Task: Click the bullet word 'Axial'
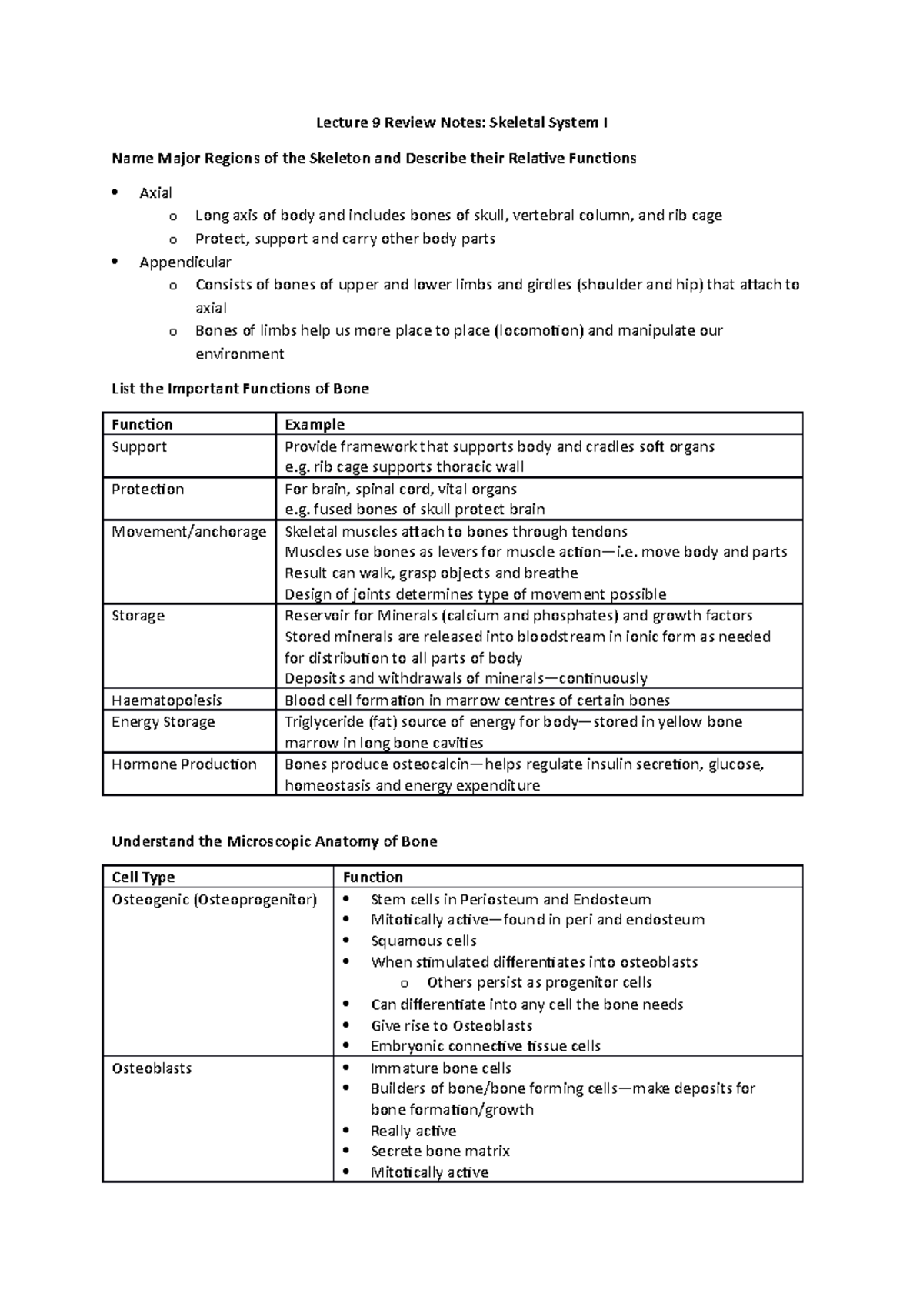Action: coord(155,193)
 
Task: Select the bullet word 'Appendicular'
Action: coord(185,262)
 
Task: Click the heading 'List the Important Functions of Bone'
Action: coord(240,389)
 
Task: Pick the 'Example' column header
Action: coord(314,424)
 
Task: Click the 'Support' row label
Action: coord(139,446)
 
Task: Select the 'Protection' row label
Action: coord(148,489)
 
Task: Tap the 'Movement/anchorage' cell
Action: coord(188,531)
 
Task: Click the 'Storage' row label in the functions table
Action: coord(138,615)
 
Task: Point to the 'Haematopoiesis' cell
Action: coord(166,700)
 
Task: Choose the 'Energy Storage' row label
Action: coord(163,721)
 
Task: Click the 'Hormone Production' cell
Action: coord(184,764)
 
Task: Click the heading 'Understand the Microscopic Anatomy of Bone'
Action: coord(274,841)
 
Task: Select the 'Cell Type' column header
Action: coord(143,877)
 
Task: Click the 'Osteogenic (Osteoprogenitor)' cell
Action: coord(214,899)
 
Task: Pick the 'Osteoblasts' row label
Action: coord(152,1068)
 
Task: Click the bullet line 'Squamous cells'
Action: coord(423,941)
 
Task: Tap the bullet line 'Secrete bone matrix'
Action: coord(440,1152)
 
